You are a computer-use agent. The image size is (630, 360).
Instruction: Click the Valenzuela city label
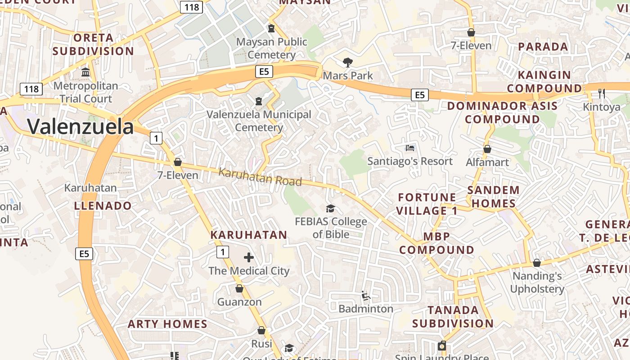[x=81, y=127]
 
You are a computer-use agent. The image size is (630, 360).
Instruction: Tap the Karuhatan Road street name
[x=260, y=177]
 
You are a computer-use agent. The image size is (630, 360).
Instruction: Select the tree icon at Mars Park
[x=347, y=62]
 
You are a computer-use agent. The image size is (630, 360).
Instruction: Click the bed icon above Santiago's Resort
[x=410, y=148]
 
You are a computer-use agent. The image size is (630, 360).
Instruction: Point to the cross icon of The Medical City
[x=248, y=257]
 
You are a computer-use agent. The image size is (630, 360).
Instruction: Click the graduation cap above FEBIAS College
[x=331, y=208]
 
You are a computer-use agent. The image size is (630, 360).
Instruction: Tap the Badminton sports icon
[x=366, y=296]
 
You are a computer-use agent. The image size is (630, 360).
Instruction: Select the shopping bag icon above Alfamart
[x=487, y=149]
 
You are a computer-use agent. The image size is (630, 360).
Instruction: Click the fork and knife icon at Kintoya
[x=601, y=93]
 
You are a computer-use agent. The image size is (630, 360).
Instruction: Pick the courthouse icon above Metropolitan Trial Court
[x=85, y=72]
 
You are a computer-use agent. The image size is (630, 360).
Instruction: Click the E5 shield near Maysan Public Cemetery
[x=264, y=71]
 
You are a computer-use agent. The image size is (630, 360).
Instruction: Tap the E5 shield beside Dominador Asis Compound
[x=419, y=94]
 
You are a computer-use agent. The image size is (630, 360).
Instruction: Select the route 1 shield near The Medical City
[x=222, y=252]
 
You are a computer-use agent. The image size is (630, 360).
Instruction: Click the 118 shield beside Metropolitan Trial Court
[x=31, y=89]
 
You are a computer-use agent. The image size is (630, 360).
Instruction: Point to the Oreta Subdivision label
[x=93, y=44]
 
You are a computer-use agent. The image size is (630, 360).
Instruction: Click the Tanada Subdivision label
[x=453, y=316]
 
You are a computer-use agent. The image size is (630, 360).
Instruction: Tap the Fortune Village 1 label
[x=427, y=204]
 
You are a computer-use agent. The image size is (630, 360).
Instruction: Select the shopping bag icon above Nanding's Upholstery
[x=536, y=263]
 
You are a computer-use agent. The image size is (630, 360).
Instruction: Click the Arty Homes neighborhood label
[x=167, y=324]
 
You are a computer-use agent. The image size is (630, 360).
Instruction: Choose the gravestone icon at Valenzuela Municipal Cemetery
[x=259, y=101]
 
